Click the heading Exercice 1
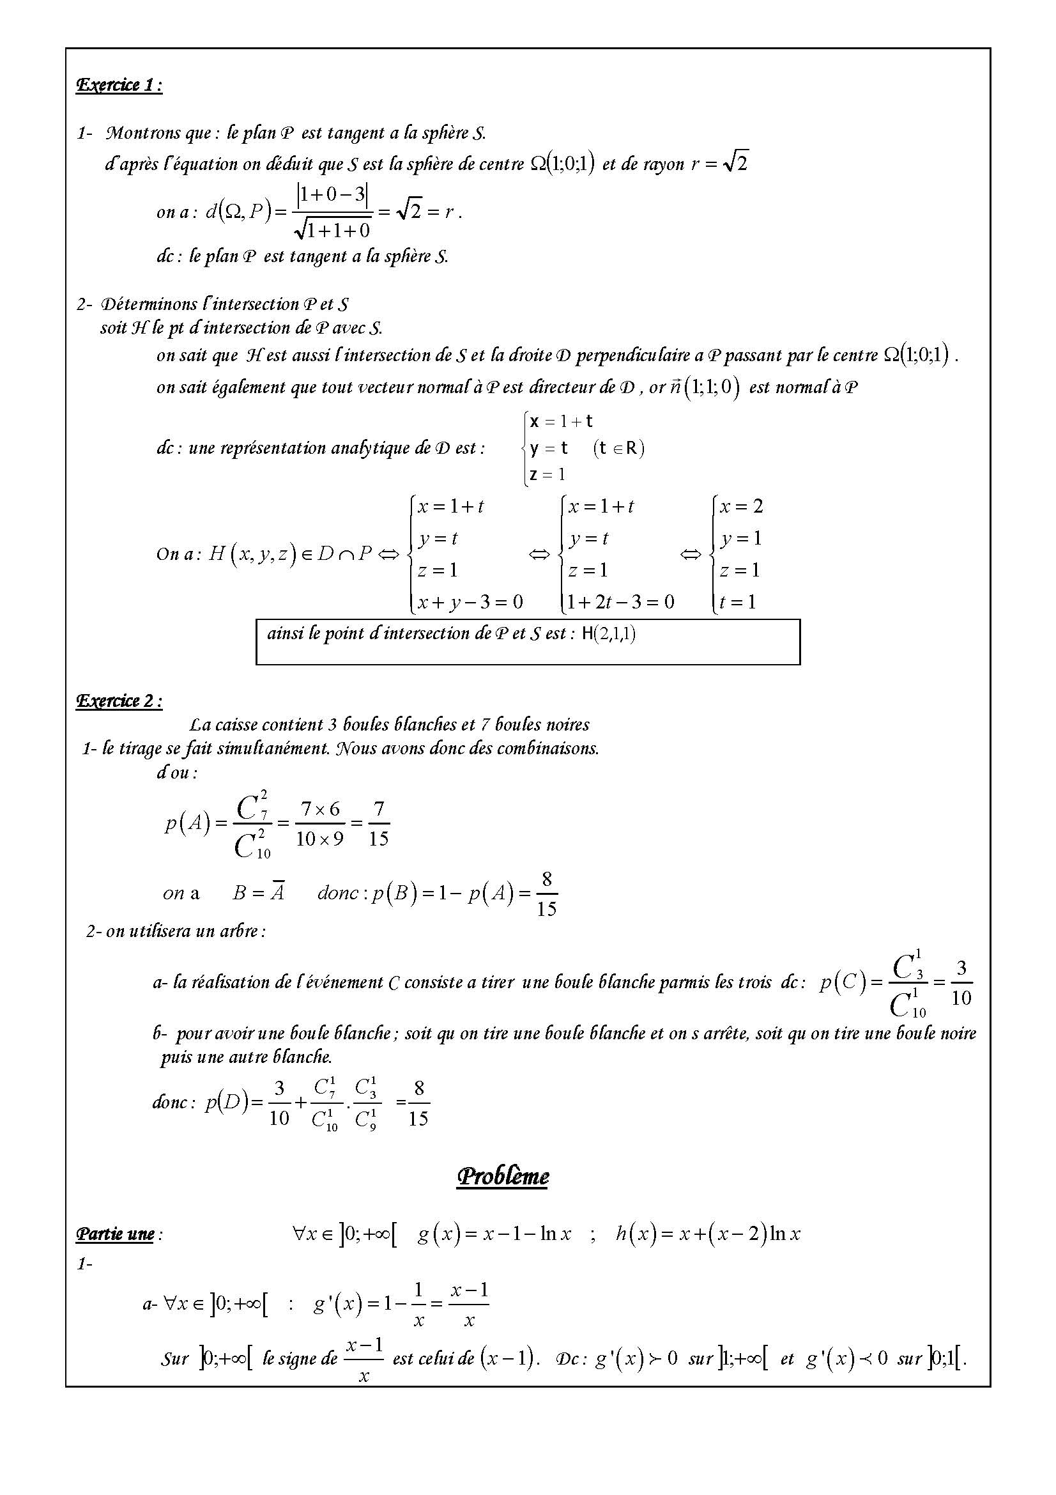pos(119,85)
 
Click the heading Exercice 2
pos(119,701)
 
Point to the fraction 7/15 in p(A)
pos(378,824)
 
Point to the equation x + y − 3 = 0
pos(470,601)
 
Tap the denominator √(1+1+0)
pos(333,229)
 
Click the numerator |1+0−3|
pos(333,195)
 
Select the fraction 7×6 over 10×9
pos(319,824)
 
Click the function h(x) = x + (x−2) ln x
pos(708,1233)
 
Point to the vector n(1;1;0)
pos(705,387)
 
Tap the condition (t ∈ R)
pos(618,448)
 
